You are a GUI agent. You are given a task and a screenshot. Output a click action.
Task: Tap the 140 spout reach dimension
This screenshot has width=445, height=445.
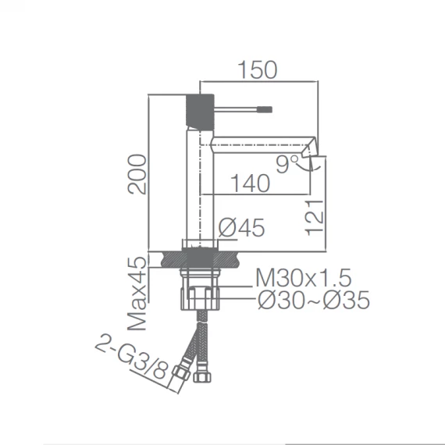coord(251,183)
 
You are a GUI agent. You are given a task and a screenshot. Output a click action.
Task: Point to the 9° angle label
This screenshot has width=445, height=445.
coord(288,162)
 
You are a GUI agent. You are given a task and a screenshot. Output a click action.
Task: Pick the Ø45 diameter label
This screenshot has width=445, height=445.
coord(242,228)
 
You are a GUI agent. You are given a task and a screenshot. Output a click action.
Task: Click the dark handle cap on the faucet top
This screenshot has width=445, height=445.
coord(199,112)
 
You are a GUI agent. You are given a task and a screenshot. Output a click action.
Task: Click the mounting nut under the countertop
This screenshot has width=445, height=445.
coord(200,297)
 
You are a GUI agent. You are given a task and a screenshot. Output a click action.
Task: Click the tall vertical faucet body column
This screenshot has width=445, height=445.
coord(199,187)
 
